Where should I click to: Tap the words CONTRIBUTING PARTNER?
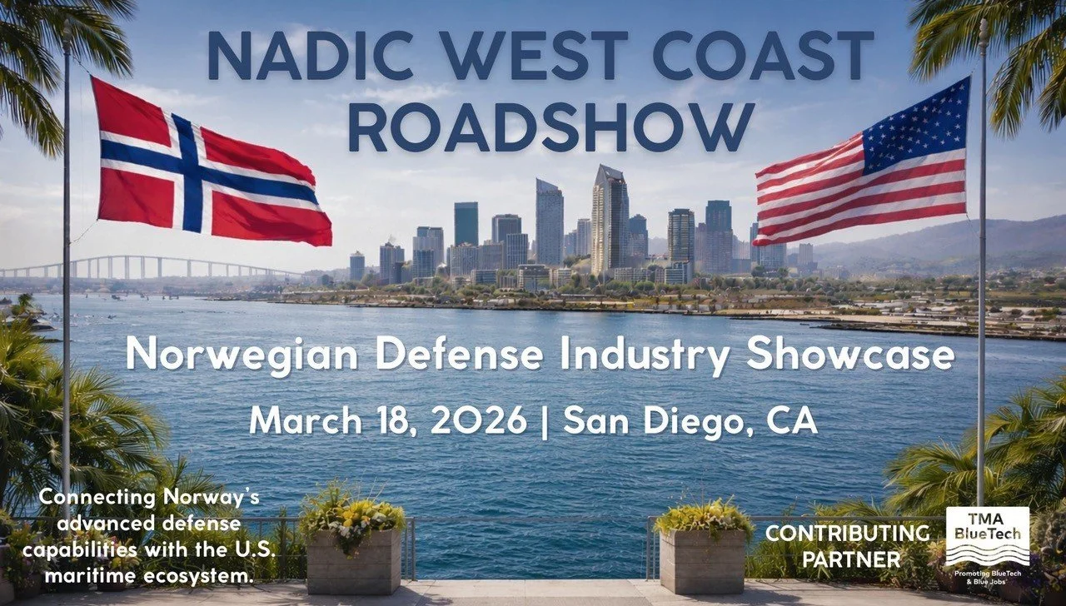point(847,545)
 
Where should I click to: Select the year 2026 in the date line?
point(483,420)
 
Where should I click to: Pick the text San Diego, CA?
point(690,420)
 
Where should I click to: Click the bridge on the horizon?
point(150,266)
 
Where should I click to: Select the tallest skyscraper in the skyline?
point(610,221)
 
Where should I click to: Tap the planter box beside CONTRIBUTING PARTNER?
point(705,559)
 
